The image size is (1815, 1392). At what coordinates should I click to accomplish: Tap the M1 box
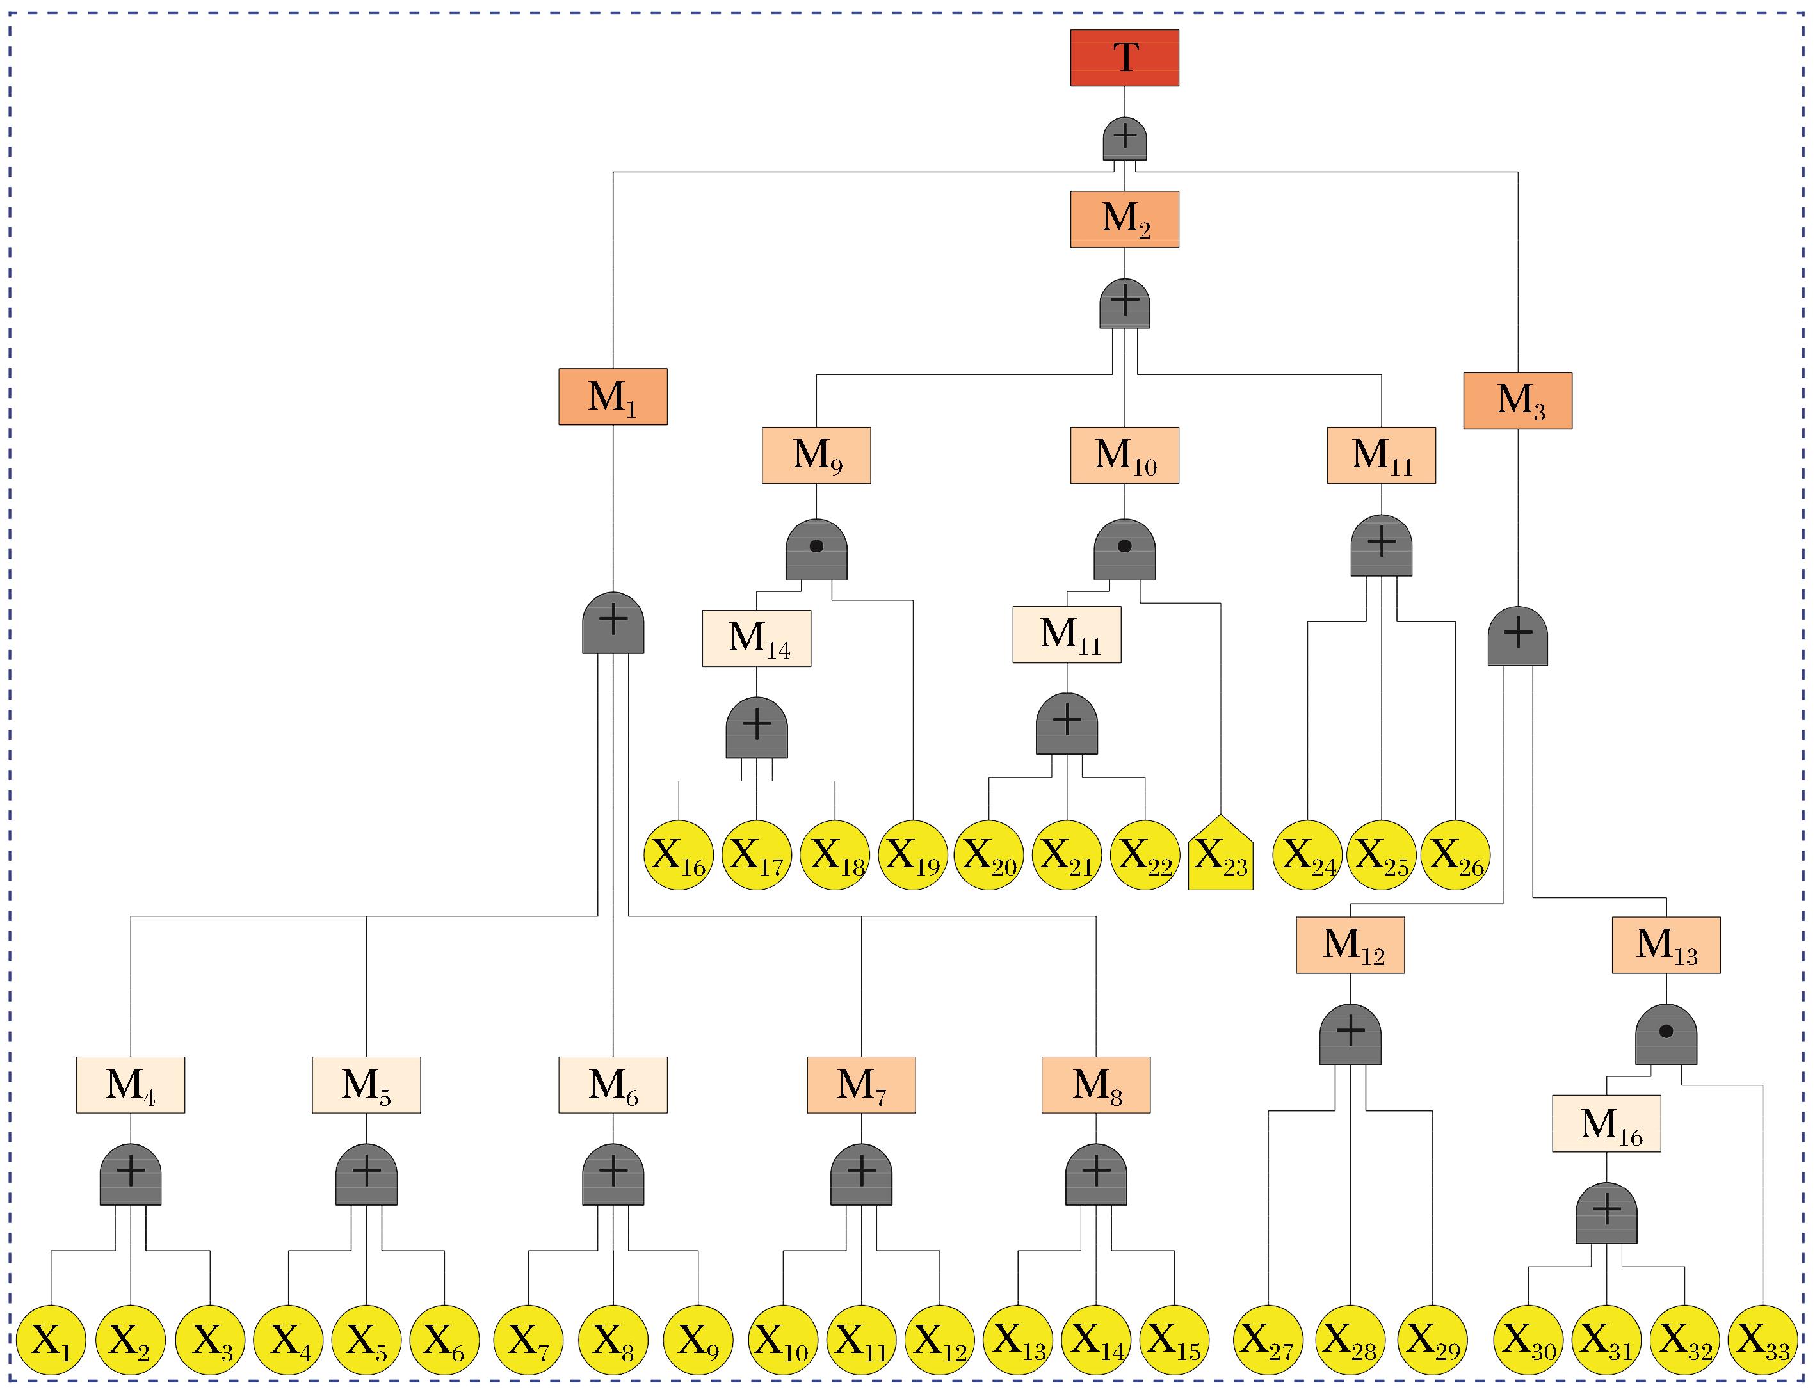coord(613,396)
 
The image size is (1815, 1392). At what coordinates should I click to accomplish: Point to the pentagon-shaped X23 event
coord(1220,854)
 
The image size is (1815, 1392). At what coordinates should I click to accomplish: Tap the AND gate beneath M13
coord(1666,1035)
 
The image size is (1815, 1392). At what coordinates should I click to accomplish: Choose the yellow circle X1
coord(51,1340)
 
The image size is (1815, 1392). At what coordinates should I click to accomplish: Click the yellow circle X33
coord(1762,1340)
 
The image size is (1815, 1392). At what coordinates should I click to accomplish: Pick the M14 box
coord(757,638)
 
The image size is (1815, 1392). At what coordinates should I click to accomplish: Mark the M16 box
coord(1606,1124)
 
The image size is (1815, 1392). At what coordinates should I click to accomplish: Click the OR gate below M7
coord(861,1174)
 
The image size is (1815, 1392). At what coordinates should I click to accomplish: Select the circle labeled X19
coord(912,854)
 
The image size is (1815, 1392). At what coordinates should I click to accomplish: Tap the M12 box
coord(1350,945)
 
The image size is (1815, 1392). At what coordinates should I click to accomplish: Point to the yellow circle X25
coord(1381,854)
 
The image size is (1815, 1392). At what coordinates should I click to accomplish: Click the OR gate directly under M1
coord(613,623)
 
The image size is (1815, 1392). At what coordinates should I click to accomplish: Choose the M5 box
coord(366,1085)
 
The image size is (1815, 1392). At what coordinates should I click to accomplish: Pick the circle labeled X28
coord(1350,1340)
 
